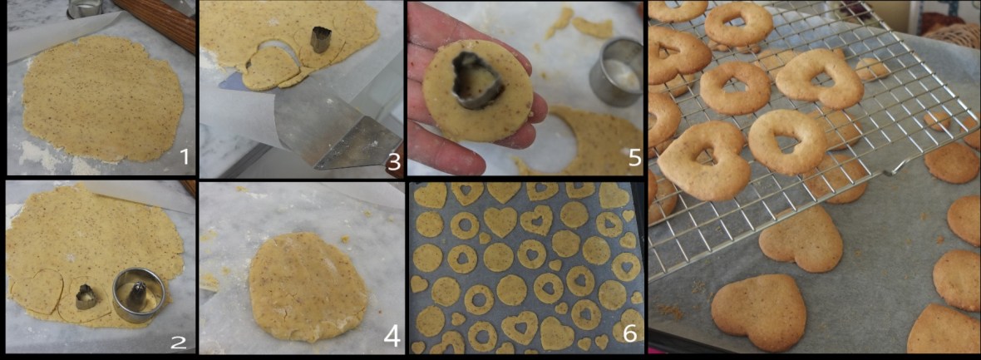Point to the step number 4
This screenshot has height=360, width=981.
[392, 337]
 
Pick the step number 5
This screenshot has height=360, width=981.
[634, 157]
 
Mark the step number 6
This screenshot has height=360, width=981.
[629, 333]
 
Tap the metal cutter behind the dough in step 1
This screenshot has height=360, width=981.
[85, 8]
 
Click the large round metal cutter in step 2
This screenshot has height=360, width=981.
[138, 294]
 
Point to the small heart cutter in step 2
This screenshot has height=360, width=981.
[85, 296]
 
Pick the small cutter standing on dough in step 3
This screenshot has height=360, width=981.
[321, 40]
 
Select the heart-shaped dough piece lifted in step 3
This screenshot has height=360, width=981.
[270, 67]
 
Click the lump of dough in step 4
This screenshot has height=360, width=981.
[308, 287]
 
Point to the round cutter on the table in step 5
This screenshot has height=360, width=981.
[615, 71]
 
